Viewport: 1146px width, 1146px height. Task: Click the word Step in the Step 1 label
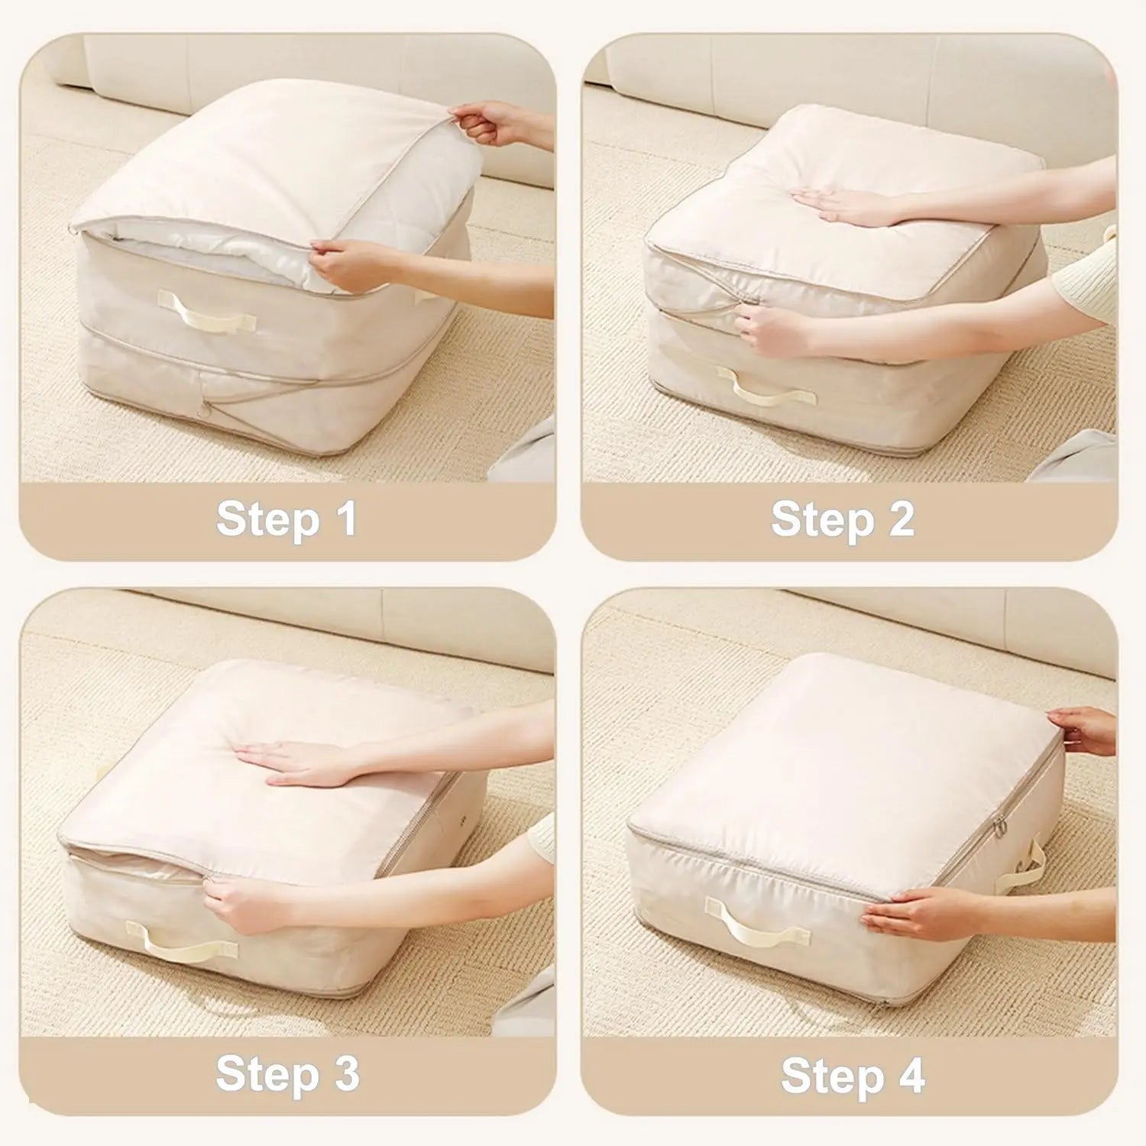[x=267, y=520]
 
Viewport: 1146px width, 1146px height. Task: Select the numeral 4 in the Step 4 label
[x=907, y=1076]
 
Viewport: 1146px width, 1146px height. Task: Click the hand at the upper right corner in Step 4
[x=1081, y=726]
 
